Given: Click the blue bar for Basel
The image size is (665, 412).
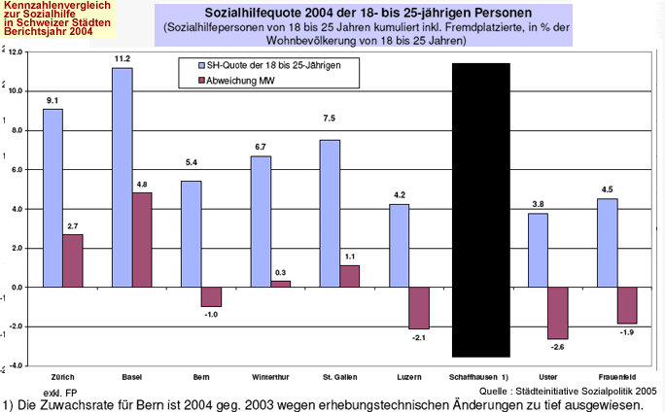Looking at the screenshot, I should (122, 177).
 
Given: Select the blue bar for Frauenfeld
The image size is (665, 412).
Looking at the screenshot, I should (608, 243).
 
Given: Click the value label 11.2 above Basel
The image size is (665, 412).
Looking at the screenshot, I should (122, 59).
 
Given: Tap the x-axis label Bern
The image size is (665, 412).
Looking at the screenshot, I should (201, 374).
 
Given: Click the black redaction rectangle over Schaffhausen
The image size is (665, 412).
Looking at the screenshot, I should (480, 209).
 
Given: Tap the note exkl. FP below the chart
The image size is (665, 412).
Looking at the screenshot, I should (61, 391).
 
